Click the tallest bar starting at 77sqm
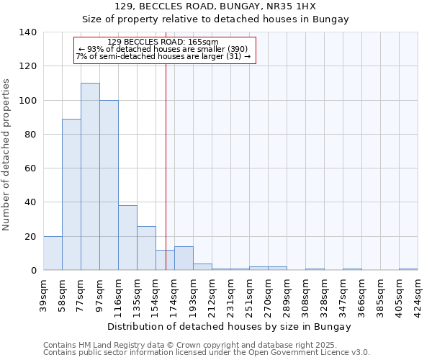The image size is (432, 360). [90, 176]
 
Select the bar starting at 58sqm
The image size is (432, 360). [71, 194]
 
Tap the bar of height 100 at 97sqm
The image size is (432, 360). [109, 185]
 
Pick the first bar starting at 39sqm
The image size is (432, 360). [53, 253]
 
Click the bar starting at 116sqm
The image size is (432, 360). [127, 238]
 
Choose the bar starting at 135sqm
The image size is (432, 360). [146, 248]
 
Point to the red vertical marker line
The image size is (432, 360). [166, 158]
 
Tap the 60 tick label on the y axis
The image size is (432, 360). [31, 168]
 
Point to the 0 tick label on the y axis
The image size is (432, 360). [33, 271]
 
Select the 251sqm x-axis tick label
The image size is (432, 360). [249, 295]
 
